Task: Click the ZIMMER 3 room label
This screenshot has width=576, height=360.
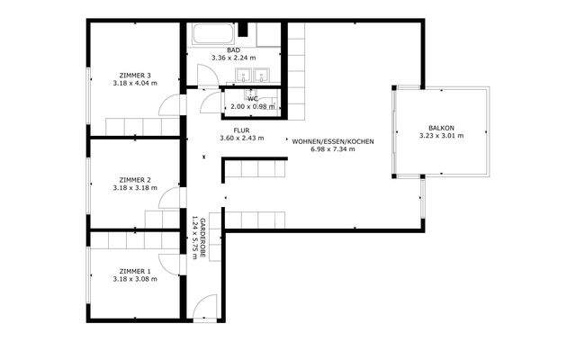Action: (x=135, y=75)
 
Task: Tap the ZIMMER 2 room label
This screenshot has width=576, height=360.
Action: (x=135, y=179)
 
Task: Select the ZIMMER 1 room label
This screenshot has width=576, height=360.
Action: (x=135, y=271)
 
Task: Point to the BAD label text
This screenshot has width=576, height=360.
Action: (x=233, y=50)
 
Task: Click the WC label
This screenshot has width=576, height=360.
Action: (x=253, y=98)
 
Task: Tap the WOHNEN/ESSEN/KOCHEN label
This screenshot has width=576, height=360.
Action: (x=332, y=141)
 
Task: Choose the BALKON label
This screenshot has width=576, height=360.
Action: (x=440, y=128)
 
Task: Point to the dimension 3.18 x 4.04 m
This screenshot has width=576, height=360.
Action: (x=135, y=83)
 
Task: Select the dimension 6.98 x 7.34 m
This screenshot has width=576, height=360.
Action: (x=332, y=149)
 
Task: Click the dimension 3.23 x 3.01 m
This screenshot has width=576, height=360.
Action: (x=440, y=136)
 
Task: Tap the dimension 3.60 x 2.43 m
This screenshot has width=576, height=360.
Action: (x=241, y=139)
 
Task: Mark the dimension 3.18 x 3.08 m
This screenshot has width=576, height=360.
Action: (x=135, y=279)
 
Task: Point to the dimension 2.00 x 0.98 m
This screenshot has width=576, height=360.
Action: (x=253, y=106)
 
